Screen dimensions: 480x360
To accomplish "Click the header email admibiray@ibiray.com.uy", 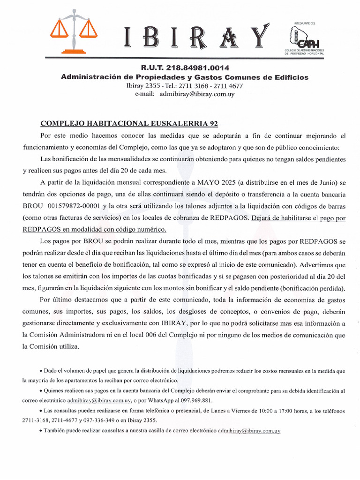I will tap(197, 94).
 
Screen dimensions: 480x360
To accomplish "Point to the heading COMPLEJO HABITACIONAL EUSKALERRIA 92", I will tap(129, 124).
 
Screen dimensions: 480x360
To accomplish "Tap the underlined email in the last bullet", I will tap(249, 430).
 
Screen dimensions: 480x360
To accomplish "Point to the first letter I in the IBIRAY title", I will tap(129, 38).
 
